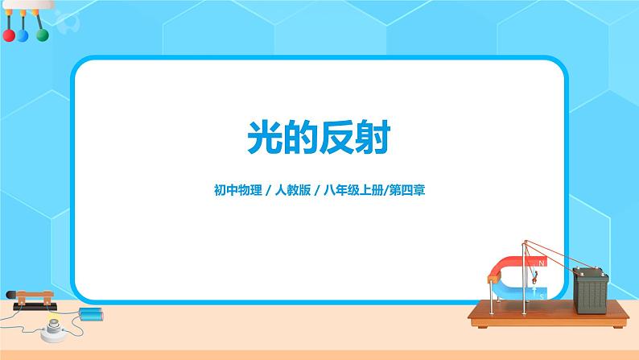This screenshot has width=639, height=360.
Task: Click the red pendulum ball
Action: [x=9, y=35]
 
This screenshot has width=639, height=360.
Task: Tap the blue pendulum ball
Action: [x=23, y=36]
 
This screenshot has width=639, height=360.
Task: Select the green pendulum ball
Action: [x=43, y=35]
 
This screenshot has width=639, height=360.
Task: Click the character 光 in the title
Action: [x=265, y=137]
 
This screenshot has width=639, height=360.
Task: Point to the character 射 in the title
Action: [x=373, y=137]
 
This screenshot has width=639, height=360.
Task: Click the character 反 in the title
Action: [x=337, y=137]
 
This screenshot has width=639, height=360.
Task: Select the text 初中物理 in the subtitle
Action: [x=238, y=190]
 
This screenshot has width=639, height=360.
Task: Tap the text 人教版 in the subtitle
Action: [x=293, y=190]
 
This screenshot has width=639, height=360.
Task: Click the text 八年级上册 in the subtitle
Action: [x=354, y=190]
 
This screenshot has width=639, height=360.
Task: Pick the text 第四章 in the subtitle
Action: [x=407, y=190]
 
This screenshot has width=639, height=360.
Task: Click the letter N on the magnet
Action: [x=542, y=263]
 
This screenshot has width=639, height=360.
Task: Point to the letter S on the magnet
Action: [x=542, y=296]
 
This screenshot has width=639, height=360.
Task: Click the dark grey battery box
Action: [x=591, y=290]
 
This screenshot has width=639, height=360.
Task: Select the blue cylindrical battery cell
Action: [x=91, y=314]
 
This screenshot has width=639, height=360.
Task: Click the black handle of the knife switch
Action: [x=11, y=294]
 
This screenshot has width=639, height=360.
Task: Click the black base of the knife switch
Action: [x=35, y=307]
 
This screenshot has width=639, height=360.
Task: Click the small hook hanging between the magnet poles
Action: [x=534, y=279]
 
